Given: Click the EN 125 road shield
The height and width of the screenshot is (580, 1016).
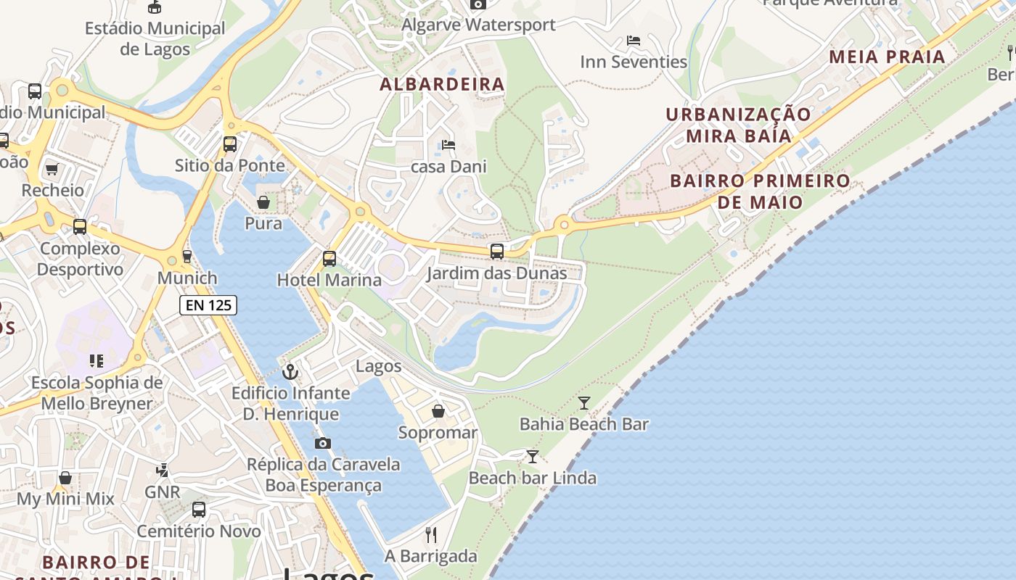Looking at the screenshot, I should tap(208, 305).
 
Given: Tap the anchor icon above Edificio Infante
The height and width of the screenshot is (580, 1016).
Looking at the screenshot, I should tap(290, 372).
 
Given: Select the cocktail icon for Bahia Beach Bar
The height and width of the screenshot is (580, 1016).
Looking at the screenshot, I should tap(584, 403).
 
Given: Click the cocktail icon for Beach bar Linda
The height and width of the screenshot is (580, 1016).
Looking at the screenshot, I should tap(533, 457).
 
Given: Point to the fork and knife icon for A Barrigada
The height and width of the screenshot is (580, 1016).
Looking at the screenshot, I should tap(431, 535).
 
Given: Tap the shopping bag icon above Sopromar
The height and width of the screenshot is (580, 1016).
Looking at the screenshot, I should tap(438, 412).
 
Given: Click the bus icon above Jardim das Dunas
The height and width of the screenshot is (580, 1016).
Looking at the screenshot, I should tap(497, 252).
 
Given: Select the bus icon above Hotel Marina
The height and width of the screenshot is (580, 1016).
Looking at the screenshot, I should tap(329, 258).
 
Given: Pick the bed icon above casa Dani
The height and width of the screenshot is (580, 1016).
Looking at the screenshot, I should tap(448, 145).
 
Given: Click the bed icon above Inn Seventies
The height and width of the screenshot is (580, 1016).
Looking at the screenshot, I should tap(634, 41).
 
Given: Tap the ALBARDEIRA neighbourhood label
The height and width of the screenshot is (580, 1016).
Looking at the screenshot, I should tap(442, 84).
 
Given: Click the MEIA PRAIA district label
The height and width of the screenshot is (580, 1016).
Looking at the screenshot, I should tap(887, 57).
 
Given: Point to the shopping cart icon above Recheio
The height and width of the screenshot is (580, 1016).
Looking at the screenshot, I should tap(52, 170).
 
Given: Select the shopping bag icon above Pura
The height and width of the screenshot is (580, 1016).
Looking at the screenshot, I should tap(263, 202).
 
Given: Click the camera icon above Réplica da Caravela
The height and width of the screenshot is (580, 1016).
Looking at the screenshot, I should tap(323, 443).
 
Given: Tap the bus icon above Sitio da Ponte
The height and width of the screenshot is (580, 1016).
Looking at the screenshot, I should tap(230, 144).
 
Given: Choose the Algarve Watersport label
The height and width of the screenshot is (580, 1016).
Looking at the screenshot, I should tap(478, 25).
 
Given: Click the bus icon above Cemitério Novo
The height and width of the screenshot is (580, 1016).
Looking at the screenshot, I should tap(199, 510).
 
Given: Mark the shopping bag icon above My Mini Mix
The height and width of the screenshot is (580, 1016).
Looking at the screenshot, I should tap(65, 478).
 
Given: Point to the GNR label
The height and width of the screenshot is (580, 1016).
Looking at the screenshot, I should tap(162, 492).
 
